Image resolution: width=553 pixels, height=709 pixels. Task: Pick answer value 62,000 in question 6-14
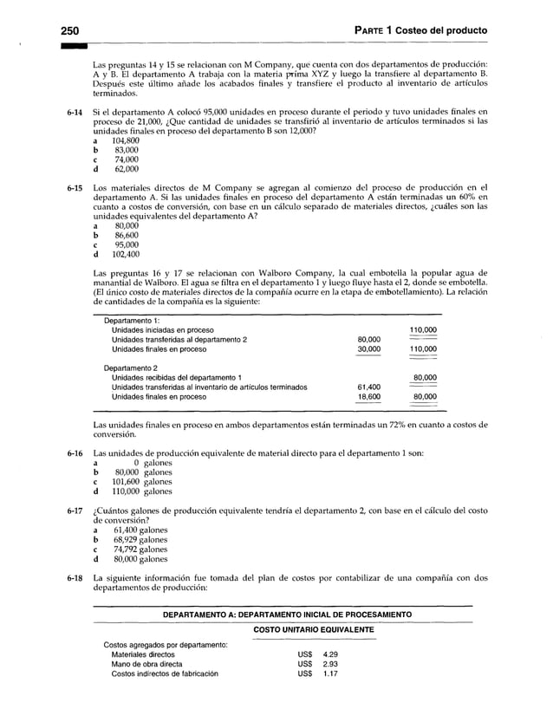(x=120, y=171)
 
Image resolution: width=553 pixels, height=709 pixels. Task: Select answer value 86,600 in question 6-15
(x=120, y=234)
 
